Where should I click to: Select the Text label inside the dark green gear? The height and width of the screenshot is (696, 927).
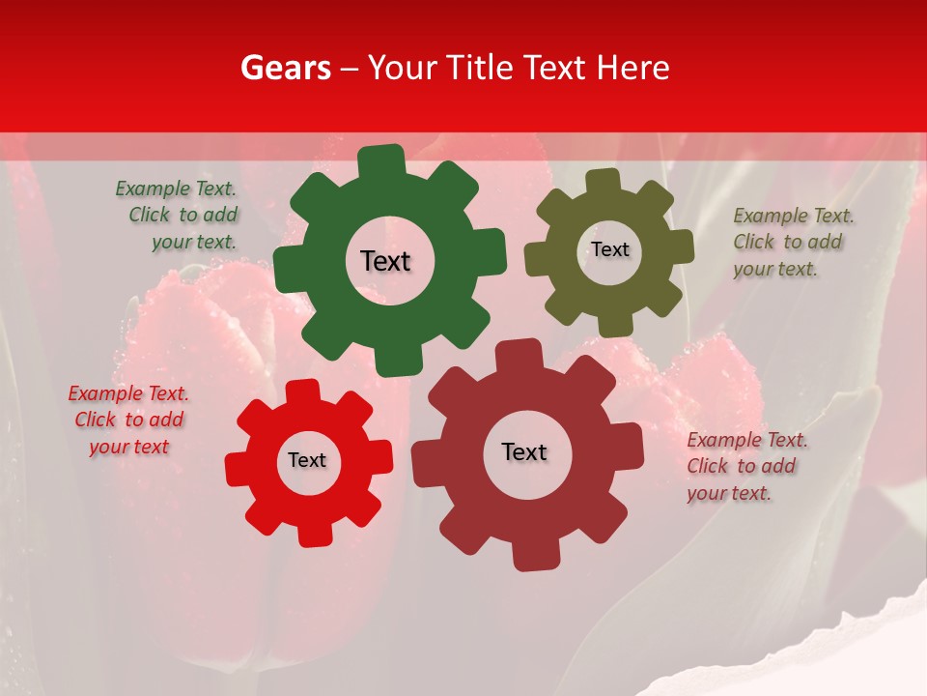point(385,261)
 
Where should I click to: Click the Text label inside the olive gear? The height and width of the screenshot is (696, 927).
point(609,249)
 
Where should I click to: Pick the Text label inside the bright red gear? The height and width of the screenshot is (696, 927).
point(307,460)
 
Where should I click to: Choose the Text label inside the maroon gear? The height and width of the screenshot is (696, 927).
point(524,451)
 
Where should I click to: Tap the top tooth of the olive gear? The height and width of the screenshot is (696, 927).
point(604,181)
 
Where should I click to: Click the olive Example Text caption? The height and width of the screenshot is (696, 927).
point(792,242)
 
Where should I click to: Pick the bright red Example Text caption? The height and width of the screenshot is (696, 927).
point(128,420)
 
